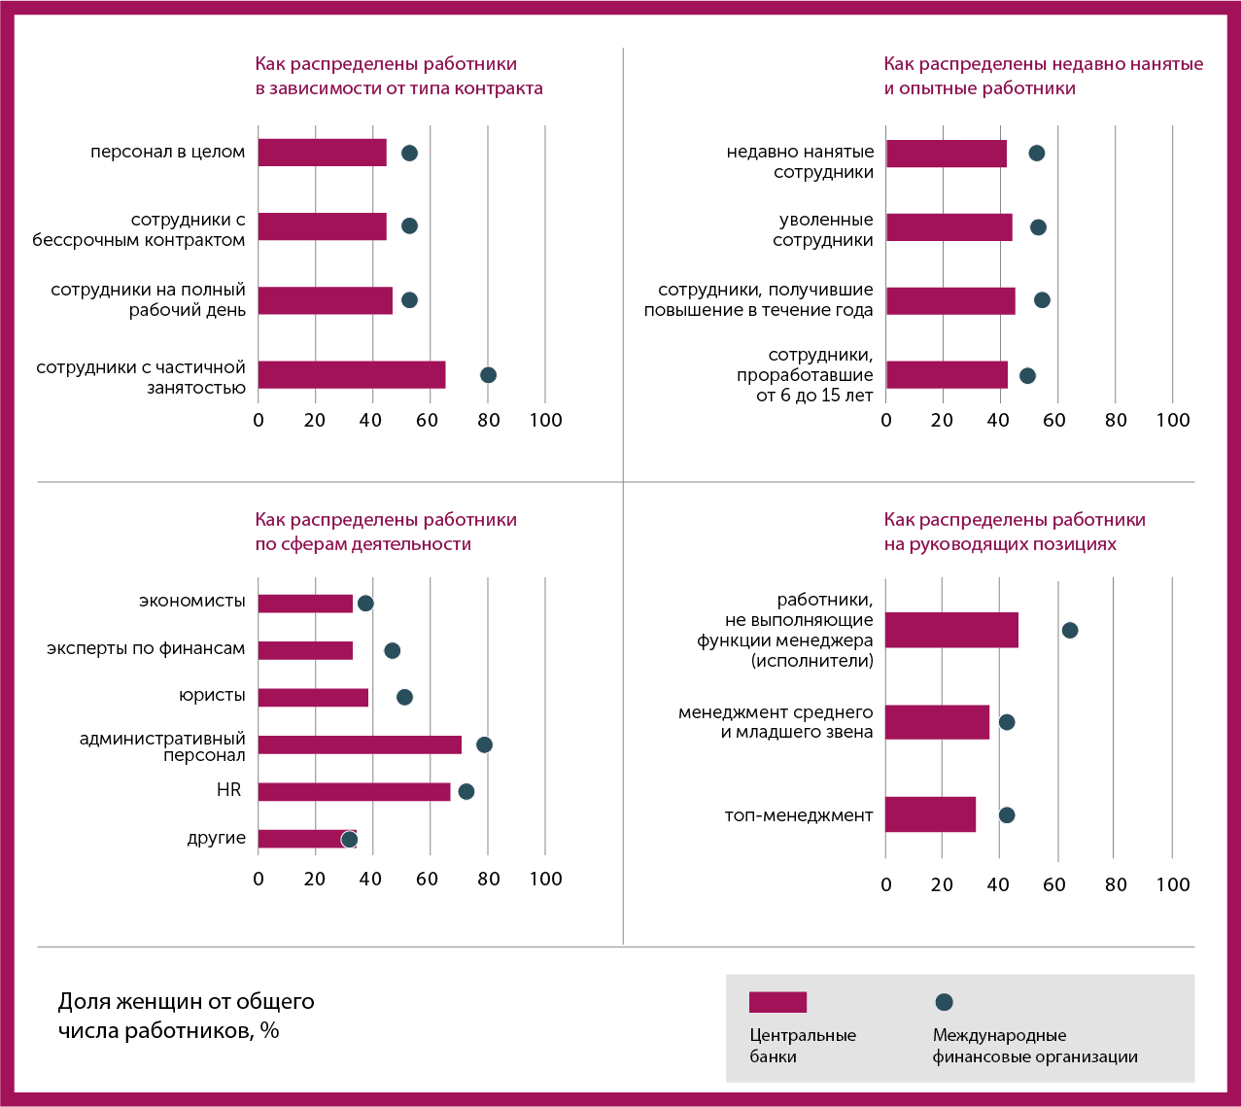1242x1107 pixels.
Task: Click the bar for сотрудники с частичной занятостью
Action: tap(351, 375)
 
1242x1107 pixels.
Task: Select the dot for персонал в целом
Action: tap(409, 153)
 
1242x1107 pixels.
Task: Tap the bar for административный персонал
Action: tap(360, 744)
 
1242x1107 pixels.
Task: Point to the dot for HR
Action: tap(466, 791)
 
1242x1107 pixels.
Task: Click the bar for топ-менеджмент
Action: tap(930, 814)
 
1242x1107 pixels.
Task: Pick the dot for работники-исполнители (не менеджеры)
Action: tap(1070, 630)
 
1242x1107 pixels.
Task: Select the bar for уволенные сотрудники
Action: tap(949, 227)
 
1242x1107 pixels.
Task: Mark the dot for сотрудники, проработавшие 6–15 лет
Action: tap(1027, 375)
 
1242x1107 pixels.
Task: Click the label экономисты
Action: tap(191, 602)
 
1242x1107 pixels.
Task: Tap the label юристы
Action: tap(212, 696)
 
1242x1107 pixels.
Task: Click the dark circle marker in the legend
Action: tap(944, 1002)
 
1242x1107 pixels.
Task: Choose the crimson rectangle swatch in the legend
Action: tap(777, 1002)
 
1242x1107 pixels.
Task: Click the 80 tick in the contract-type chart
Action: tap(488, 420)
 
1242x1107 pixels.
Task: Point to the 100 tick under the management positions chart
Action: tap(1173, 884)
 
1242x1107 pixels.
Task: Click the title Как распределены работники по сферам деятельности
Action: tap(386, 532)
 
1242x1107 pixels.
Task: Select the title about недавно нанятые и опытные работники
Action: tap(1043, 76)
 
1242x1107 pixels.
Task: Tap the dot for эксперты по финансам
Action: tap(392, 650)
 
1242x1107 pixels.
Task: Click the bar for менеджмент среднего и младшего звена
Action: tap(937, 722)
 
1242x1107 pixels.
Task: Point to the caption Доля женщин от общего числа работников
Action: tap(187, 1016)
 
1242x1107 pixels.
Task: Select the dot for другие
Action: tap(349, 839)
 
